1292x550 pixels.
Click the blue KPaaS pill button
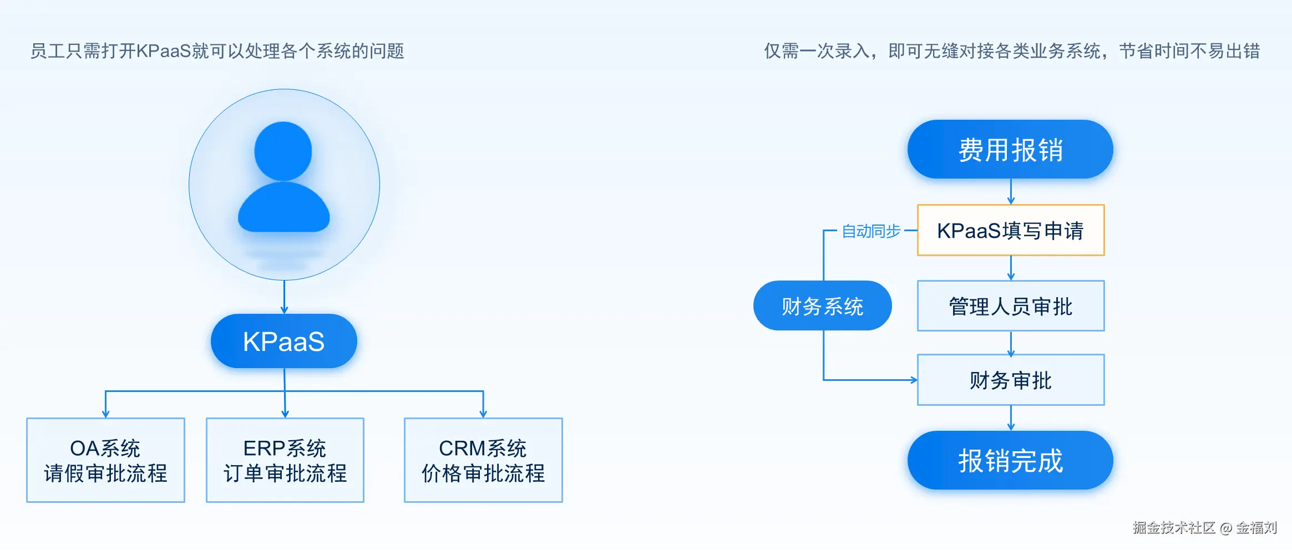click(x=283, y=341)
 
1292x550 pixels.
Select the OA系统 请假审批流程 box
click(x=105, y=460)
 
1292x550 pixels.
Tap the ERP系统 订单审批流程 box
click(x=285, y=460)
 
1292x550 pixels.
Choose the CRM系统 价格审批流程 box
click(x=483, y=460)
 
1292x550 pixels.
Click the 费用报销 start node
click(x=1010, y=150)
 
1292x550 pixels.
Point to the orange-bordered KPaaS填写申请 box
click(x=1010, y=231)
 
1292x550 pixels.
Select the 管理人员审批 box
click(x=1010, y=306)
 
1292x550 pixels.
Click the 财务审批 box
click(x=1010, y=380)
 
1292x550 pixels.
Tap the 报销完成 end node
click(x=1010, y=460)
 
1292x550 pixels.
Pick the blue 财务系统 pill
click(x=822, y=306)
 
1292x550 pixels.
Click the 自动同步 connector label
click(x=870, y=231)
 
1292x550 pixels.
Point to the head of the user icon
click(x=283, y=151)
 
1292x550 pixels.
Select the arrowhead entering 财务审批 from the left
click(x=913, y=380)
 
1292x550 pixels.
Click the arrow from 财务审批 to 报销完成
click(x=1011, y=419)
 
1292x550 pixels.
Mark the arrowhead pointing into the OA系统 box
click(x=105, y=414)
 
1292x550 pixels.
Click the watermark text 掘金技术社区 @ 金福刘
click(x=1204, y=527)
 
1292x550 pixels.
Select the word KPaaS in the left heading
click(x=164, y=51)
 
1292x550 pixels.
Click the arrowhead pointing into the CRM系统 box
click(x=483, y=414)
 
